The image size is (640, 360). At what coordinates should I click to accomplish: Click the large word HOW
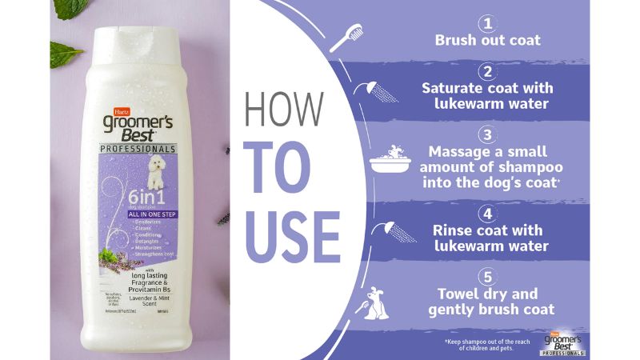pos(285,110)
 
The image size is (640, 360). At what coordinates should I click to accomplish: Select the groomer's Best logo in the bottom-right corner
pos(565,342)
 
